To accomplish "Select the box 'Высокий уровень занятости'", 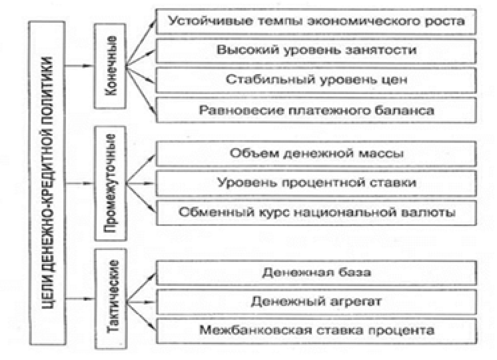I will (x=316, y=49).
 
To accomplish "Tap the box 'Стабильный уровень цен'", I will (x=316, y=80).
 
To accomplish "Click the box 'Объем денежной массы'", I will (x=316, y=153).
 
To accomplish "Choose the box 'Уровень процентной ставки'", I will (x=316, y=182).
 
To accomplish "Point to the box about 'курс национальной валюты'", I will (x=316, y=212).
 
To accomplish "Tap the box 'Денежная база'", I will (x=316, y=271).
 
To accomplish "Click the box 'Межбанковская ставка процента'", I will (x=316, y=329).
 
